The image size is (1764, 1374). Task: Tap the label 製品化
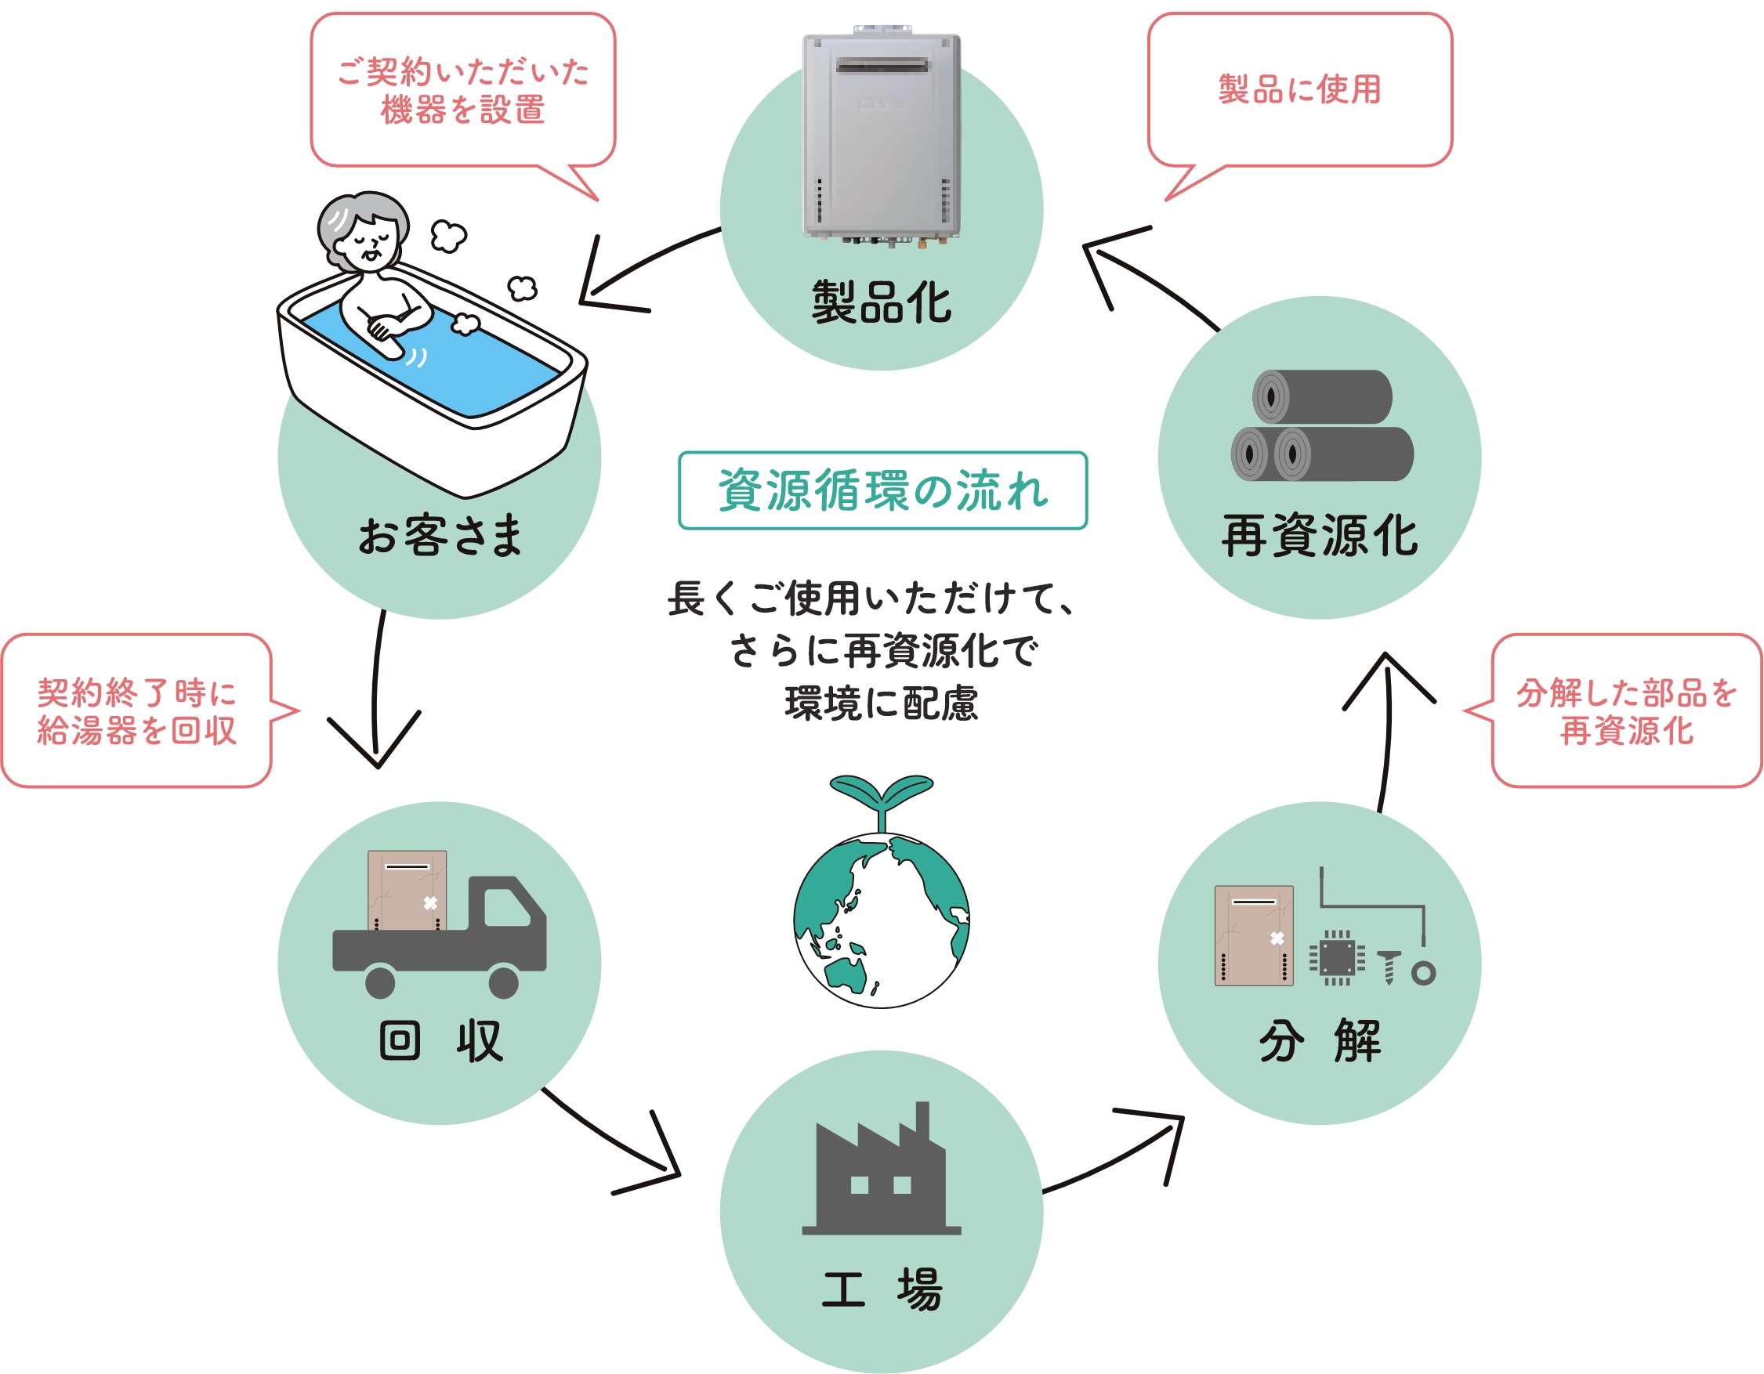pos(881,302)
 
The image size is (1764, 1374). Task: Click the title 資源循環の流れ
pos(883,490)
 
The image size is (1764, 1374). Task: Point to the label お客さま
pos(440,535)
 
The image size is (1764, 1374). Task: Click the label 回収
pos(440,1040)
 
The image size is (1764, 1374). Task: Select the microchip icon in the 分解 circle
pos(1337,958)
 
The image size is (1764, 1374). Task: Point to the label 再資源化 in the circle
pos(1319,535)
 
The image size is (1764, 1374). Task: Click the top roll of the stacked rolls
pos(1321,396)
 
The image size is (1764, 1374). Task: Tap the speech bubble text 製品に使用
pos(1299,89)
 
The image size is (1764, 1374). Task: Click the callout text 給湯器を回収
pos(136,731)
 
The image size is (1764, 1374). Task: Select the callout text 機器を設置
pos(463,110)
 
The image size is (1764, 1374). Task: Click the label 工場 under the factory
pos(881,1289)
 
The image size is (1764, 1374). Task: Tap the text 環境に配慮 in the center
pos(881,703)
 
